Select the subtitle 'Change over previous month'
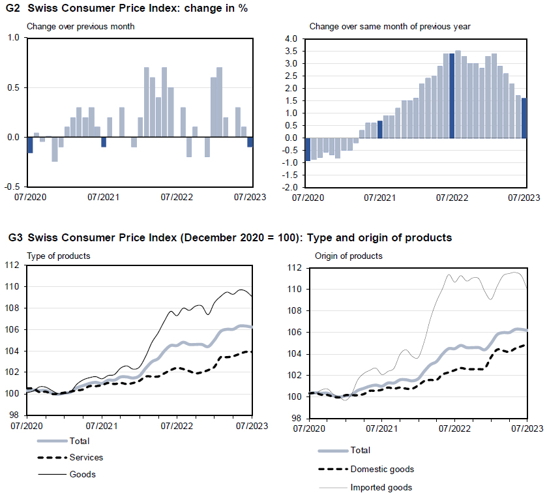(80, 27)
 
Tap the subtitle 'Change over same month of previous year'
(390, 27)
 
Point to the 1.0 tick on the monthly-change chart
(13, 38)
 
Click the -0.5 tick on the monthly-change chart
(12, 187)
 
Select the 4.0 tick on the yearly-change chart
(291, 39)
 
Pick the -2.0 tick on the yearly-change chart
(290, 188)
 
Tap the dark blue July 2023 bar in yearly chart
(524, 118)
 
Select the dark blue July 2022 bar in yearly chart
(452, 95)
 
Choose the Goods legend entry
(82, 474)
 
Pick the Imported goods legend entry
(381, 487)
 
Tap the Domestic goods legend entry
(382, 469)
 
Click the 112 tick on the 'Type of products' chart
(14, 265)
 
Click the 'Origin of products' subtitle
(349, 256)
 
